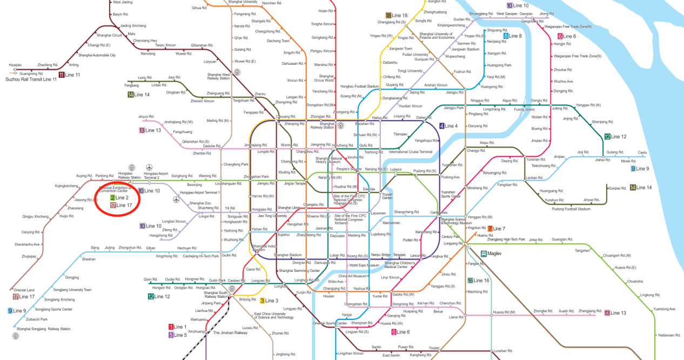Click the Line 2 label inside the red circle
(x=122, y=198)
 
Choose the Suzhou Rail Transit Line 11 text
(x=31, y=79)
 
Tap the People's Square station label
(x=349, y=169)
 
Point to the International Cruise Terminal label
(x=411, y=152)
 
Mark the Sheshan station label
(x=89, y=259)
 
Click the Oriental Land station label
(x=24, y=290)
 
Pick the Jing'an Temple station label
(x=296, y=184)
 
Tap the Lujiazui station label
(x=396, y=169)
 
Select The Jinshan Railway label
(x=230, y=333)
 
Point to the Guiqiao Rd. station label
(x=617, y=188)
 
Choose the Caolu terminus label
(x=642, y=152)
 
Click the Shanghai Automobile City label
(x=97, y=55)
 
